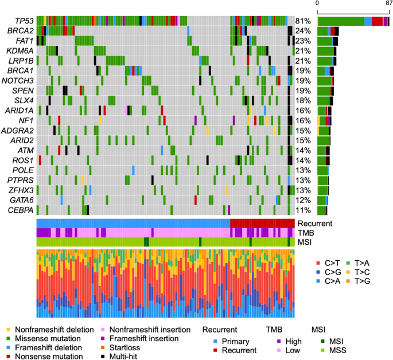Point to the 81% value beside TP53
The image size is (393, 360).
[x=303, y=21]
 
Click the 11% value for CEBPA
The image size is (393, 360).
[x=303, y=210]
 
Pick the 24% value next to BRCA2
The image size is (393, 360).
[x=303, y=31]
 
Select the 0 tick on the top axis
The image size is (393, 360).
[x=317, y=3]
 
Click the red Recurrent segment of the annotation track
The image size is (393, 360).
[x=262, y=223]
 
